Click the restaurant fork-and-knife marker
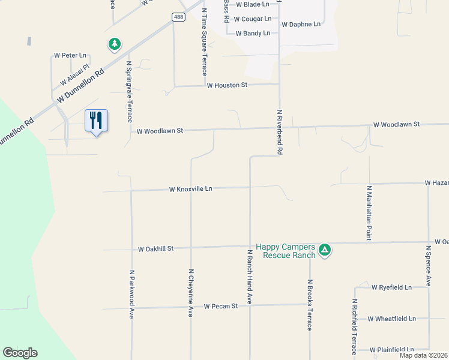(95, 121)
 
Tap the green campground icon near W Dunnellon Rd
(114, 44)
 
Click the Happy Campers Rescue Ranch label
(285, 251)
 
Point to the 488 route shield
(178, 17)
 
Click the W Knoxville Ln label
(191, 189)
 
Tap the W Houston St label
(227, 86)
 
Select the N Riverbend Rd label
(280, 133)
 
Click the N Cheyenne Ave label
(191, 293)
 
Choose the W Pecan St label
(221, 306)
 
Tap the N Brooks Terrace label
(310, 305)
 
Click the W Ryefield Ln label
(391, 287)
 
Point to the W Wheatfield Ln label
(391, 319)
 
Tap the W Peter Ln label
(70, 55)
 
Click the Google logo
(20, 353)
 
